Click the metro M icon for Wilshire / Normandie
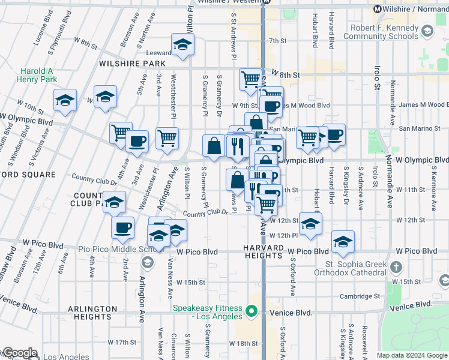378,9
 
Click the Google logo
19,353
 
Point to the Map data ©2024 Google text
412,355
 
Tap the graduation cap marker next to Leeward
182,44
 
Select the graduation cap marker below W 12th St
310,224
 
